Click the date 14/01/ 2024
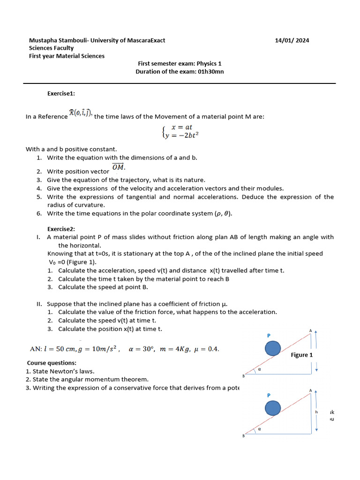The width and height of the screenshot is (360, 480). point(292,40)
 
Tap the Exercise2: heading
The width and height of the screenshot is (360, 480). point(61,229)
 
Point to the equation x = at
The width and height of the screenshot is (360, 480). point(182,127)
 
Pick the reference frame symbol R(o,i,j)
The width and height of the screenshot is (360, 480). point(81,112)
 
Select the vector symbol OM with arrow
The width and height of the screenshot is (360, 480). point(118,167)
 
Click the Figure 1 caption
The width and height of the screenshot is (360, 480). point(301,355)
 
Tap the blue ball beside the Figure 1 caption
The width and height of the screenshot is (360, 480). point(273,349)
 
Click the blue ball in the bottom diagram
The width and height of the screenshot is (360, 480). point(273,408)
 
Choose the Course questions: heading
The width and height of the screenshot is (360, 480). point(52,363)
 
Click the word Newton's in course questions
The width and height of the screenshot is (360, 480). point(64,371)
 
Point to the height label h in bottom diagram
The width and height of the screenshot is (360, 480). point(316,412)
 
